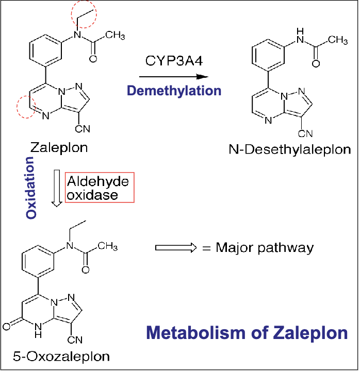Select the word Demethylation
(x=174, y=91)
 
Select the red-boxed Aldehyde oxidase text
(x=99, y=188)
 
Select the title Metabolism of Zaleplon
(x=247, y=332)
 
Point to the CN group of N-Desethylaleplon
(x=305, y=134)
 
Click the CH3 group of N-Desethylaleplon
(x=339, y=39)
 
